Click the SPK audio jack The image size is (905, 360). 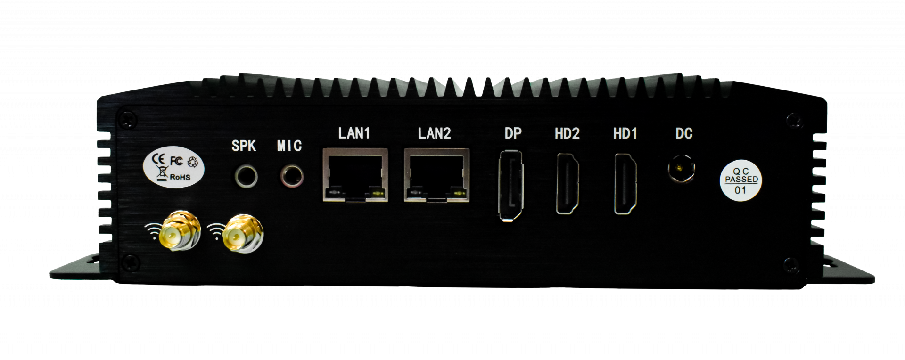pos(246,176)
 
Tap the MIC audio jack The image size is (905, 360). pos(292,176)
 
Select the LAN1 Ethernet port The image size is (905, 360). pos(355,175)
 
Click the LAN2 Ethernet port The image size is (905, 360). pos(436,175)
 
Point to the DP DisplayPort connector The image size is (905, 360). pos(510,185)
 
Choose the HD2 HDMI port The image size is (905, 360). pos(568,184)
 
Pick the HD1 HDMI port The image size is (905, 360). pos(625,184)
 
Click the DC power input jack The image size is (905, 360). pos(681,168)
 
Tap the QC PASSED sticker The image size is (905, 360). pos(740,180)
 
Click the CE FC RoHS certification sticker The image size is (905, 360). pos(173,168)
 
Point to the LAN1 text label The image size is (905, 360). pos(354,133)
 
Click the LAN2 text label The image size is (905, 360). pos(434,133)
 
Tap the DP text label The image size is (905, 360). pos(513,134)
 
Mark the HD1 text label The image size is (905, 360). pos(625,134)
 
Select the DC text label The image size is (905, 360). pos(684,134)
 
